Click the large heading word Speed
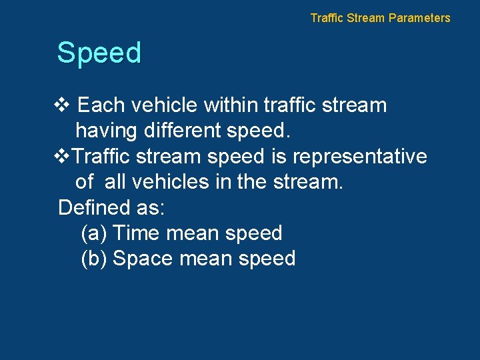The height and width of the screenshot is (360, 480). point(99,53)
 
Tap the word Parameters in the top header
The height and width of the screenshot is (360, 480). point(419,18)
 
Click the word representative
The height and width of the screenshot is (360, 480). point(360,156)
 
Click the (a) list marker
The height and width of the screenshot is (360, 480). point(93,233)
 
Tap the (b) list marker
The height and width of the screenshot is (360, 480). point(93,259)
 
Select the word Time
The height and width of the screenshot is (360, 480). point(136,233)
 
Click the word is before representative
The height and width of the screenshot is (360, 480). point(279,156)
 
